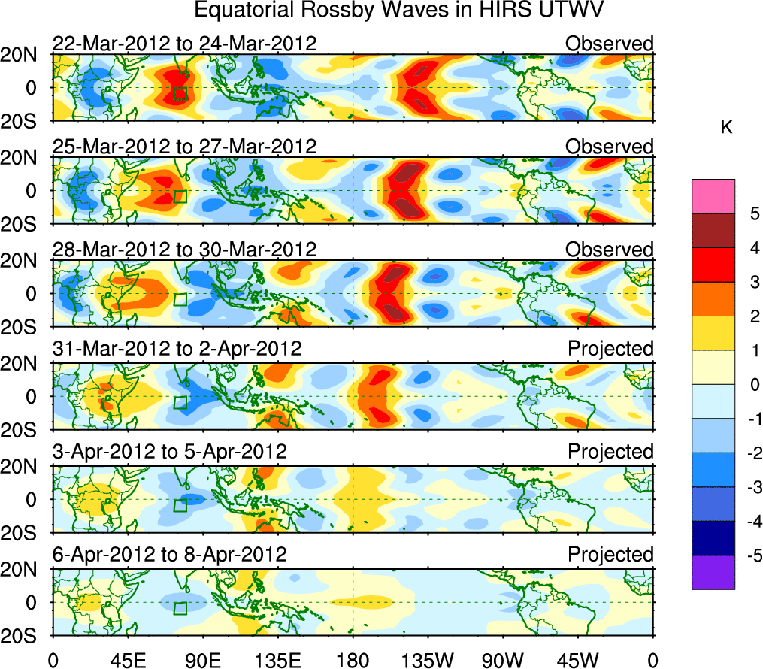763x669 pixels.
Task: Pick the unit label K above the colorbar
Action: coord(726,129)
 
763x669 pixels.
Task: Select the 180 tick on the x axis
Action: coord(353,661)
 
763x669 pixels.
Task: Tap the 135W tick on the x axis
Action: coord(428,661)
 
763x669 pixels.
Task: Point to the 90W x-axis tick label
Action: coord(503,661)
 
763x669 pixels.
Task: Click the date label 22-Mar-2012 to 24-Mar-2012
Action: coord(184,44)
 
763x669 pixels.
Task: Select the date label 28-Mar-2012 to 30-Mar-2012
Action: coord(184,249)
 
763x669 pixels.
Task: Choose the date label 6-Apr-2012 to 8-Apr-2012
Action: coord(169,555)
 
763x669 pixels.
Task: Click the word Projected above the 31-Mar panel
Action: coord(610,349)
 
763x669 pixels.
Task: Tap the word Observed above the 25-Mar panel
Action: coord(610,147)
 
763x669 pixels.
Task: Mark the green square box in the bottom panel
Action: coord(180,608)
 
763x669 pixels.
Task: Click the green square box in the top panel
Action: coord(180,93)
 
